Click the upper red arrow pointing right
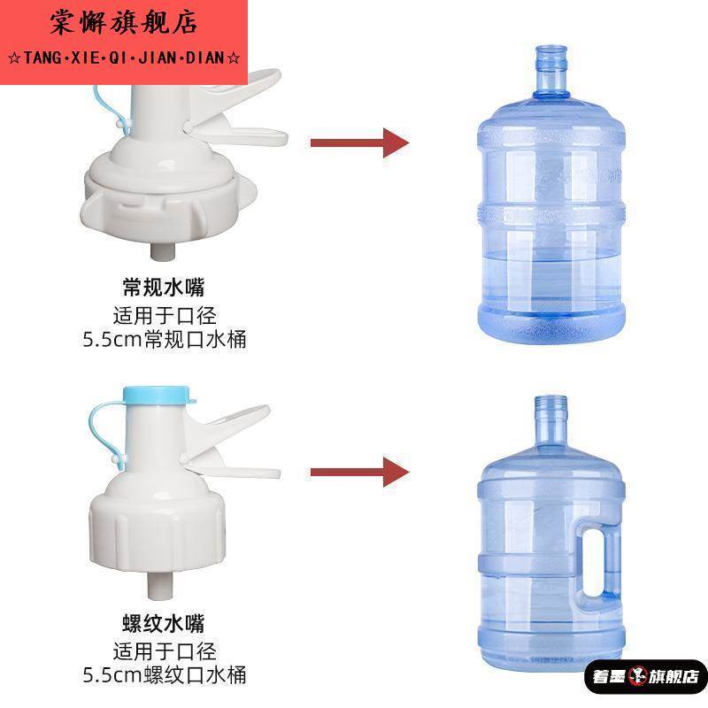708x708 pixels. click(358, 142)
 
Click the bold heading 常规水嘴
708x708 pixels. click(169, 288)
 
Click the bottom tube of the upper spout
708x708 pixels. click(162, 250)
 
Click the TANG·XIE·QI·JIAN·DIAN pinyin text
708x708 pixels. click(124, 58)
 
